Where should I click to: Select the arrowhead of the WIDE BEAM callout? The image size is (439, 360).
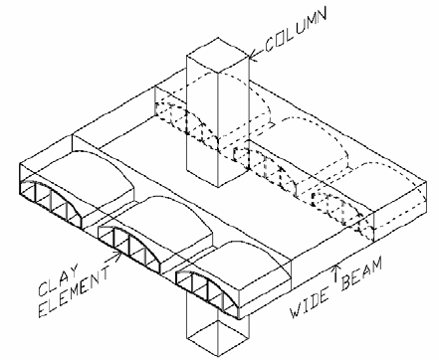point(341,261)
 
